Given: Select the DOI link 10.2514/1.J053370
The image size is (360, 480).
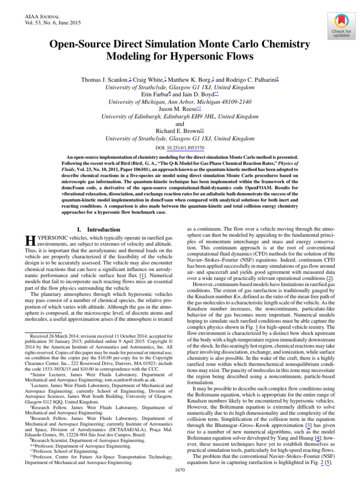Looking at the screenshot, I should (187, 148).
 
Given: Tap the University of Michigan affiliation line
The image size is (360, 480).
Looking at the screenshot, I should (180, 102).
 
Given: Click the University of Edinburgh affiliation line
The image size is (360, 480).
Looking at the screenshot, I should (180, 116).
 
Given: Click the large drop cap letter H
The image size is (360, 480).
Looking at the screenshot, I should (29, 241).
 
